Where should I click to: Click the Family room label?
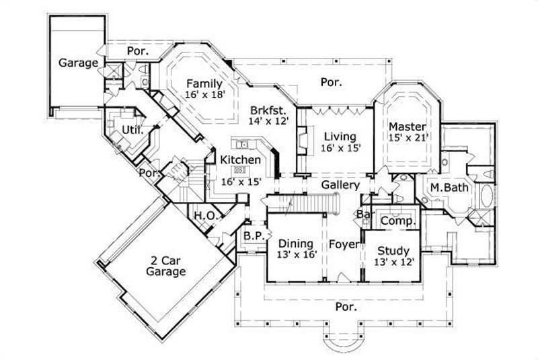click(x=204, y=83)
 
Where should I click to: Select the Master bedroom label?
click(x=407, y=127)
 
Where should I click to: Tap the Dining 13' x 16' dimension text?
click(x=295, y=256)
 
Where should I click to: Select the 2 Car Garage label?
click(x=165, y=266)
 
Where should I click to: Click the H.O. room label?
click(x=204, y=215)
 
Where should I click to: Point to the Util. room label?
click(x=132, y=130)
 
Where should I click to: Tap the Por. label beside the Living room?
click(x=331, y=83)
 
